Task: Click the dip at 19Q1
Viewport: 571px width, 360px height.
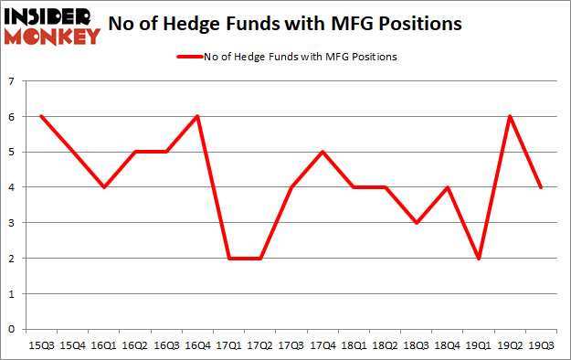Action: [x=478, y=259]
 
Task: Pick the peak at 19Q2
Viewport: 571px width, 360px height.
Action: [x=510, y=116]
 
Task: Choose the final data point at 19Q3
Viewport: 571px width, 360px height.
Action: [x=542, y=187]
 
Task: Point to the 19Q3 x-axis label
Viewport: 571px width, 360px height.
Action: [x=542, y=347]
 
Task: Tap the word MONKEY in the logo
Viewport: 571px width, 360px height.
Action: [x=54, y=37]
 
